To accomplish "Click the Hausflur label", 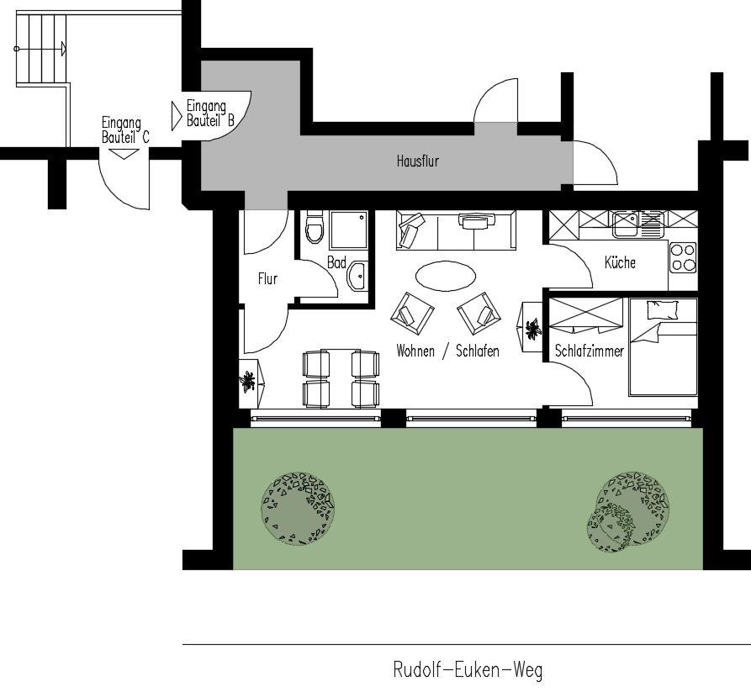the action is (x=418, y=161).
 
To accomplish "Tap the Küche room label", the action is (x=620, y=262).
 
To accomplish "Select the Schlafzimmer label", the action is (x=590, y=351).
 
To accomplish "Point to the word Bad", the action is (x=336, y=262).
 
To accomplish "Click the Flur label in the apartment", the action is (x=267, y=278).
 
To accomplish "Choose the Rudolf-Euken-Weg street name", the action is (x=468, y=669).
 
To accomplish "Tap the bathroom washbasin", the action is (x=357, y=276).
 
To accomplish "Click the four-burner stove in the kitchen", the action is (x=683, y=257).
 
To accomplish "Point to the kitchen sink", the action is (x=637, y=225).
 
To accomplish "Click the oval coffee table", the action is (x=446, y=276).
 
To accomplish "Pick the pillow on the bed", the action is (x=663, y=309).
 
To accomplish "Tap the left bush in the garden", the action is (x=298, y=508).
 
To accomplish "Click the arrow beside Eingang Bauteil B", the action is (x=177, y=115).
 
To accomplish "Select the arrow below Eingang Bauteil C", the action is (x=124, y=154).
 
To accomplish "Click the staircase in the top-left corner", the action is (x=41, y=50).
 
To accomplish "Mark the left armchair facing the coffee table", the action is (x=412, y=314).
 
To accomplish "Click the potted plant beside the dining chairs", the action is (x=248, y=382).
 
